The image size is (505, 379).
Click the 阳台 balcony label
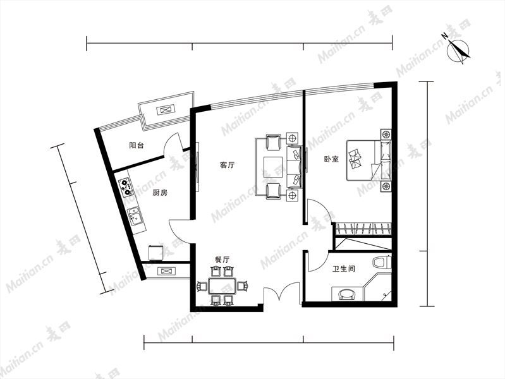tap(137, 145)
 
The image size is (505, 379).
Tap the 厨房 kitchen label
tap(160, 193)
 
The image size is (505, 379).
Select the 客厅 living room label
tap(228, 165)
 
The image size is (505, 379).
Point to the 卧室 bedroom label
tap(331, 159)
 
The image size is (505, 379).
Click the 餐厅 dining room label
tap(222, 260)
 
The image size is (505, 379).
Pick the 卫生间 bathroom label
tap(344, 268)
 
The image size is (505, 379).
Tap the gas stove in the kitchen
tap(126, 188)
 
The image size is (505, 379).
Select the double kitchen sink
tap(135, 216)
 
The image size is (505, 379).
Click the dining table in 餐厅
tap(222, 286)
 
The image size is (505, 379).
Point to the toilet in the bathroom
tap(382, 262)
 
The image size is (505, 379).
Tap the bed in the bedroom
tap(369, 160)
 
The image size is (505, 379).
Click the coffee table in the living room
tap(273, 167)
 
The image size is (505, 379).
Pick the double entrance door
tap(281, 293)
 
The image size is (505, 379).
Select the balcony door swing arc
tap(170, 142)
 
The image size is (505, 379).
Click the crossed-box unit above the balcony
tap(166, 110)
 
